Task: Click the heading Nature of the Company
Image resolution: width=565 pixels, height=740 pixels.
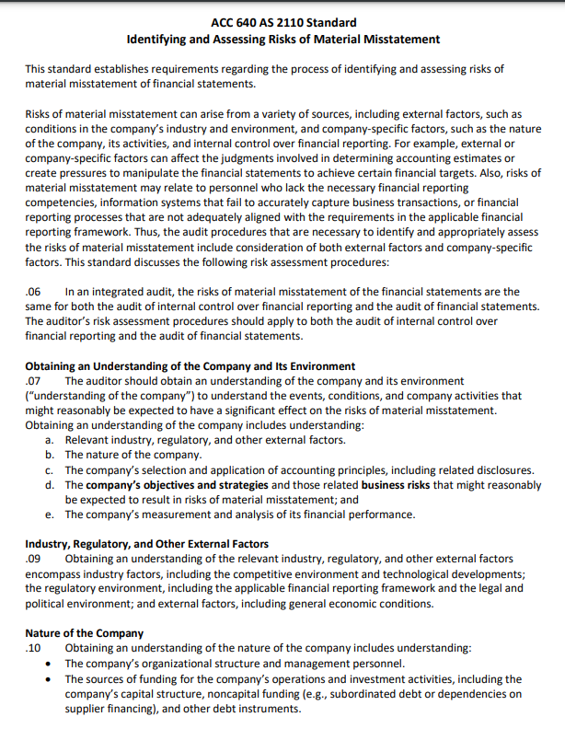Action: pos(85,633)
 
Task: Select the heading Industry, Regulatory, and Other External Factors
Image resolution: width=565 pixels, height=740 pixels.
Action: pos(147,544)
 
